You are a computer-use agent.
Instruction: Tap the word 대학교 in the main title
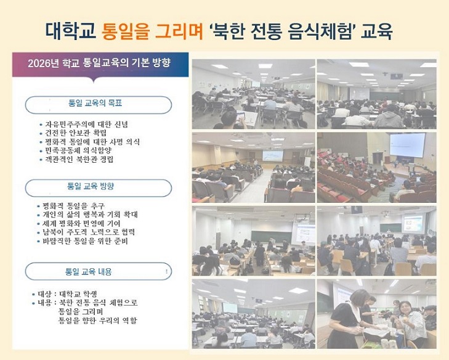point(70,31)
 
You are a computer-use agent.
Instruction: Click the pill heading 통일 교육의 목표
point(95,103)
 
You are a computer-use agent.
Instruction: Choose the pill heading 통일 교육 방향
point(91,186)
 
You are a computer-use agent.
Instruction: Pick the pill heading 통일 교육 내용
point(89,271)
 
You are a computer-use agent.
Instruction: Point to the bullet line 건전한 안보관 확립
point(73,133)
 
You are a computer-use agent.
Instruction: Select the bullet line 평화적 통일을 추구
point(71,206)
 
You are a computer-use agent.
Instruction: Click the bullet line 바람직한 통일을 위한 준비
point(83,241)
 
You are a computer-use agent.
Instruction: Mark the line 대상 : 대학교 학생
point(65,294)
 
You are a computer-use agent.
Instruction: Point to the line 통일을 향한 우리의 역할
point(98,320)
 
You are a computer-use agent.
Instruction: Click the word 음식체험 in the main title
point(320,31)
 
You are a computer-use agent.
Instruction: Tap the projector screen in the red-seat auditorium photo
point(408,145)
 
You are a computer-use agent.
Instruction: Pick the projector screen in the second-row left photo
point(272,155)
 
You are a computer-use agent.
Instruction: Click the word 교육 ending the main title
point(376,31)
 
